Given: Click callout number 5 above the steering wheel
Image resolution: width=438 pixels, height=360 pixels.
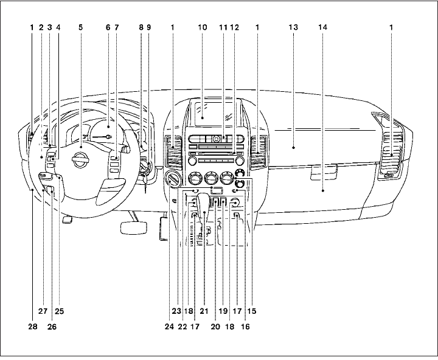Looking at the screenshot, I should click(x=80, y=27).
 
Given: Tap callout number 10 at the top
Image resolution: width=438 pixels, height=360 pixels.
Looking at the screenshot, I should click(x=203, y=27).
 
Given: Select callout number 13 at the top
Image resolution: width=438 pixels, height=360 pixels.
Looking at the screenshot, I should click(x=293, y=27).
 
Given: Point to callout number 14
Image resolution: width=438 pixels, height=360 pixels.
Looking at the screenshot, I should click(x=323, y=27).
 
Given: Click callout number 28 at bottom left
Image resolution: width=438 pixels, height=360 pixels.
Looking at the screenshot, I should click(x=31, y=327).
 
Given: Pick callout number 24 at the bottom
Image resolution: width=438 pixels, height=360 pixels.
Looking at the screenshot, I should click(x=169, y=327).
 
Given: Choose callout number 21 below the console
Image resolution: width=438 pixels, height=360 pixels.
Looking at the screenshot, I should click(x=204, y=311).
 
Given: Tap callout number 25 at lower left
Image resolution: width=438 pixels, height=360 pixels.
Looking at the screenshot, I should click(x=59, y=311).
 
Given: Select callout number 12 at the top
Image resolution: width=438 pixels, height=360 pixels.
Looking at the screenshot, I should click(x=234, y=27).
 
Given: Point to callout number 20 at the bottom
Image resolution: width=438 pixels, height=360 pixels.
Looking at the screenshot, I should click(x=214, y=327).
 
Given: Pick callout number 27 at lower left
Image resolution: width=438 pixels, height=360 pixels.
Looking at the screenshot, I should click(x=43, y=311).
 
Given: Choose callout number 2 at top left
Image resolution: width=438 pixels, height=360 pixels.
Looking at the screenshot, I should click(x=41, y=27).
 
